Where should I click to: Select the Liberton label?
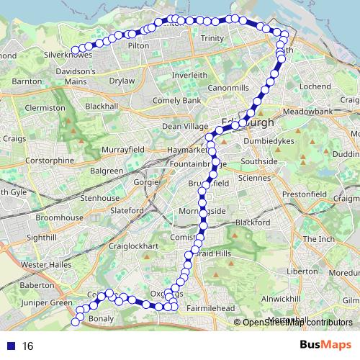302,272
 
